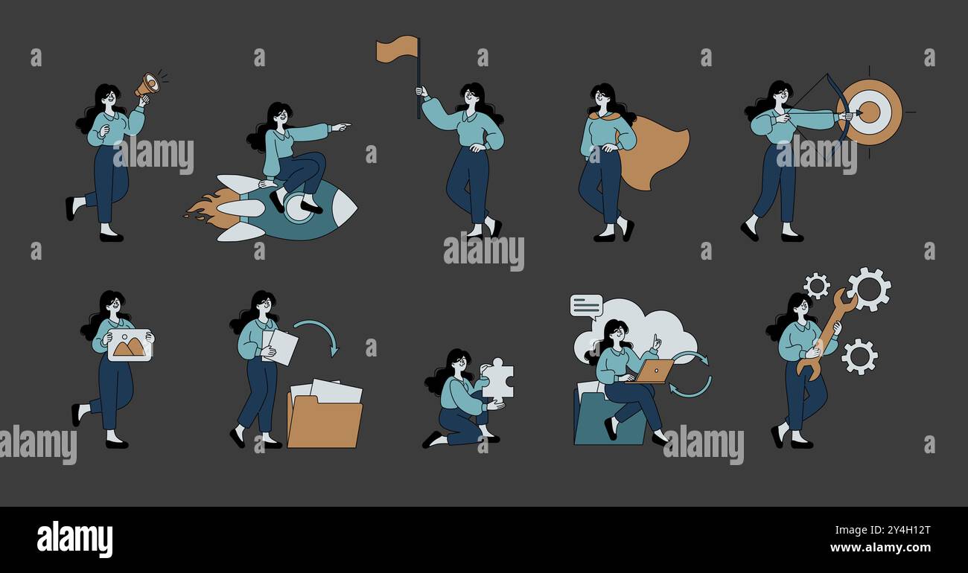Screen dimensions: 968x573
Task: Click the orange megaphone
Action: tap(147, 85)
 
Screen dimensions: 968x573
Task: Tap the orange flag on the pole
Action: tap(397, 49)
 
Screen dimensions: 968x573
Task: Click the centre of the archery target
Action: tap(870, 112)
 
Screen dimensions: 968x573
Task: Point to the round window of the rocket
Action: tap(299, 208)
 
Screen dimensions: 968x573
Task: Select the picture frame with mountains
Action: tap(130, 345)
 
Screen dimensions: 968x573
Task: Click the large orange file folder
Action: tap(325, 420)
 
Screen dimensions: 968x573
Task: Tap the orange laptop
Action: tap(655, 371)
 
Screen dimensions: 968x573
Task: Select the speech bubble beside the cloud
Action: tap(586, 306)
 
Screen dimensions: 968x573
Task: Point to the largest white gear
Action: tap(869, 289)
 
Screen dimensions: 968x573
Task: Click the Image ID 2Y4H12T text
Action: tap(882, 530)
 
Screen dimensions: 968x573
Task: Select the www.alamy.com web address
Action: tap(880, 548)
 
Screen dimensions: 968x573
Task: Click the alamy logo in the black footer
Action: tap(74, 539)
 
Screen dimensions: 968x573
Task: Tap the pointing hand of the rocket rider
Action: tap(341, 127)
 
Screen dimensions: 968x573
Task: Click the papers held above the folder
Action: tap(280, 348)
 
